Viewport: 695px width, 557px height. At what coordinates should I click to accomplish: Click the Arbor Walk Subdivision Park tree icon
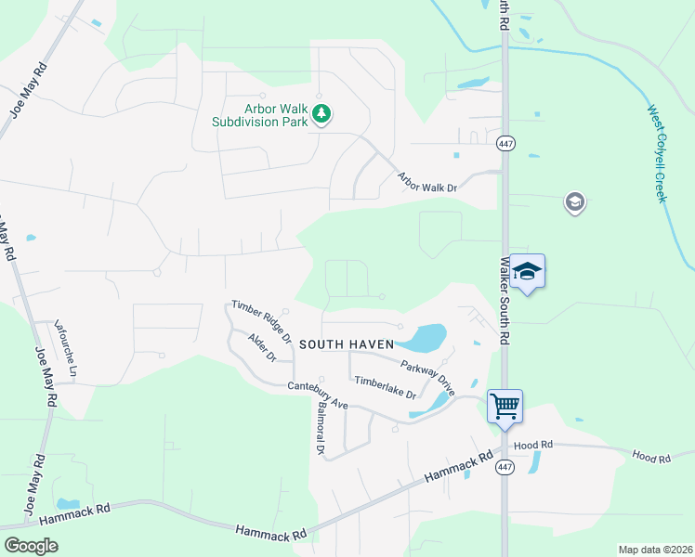(x=321, y=114)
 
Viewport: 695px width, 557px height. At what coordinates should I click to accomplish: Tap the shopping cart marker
(x=505, y=406)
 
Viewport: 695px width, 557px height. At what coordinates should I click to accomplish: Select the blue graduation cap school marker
(x=527, y=271)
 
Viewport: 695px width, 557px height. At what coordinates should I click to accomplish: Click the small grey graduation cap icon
(x=574, y=201)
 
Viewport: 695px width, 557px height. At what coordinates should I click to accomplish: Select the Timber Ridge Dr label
(x=262, y=319)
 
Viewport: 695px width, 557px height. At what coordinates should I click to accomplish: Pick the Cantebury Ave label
(x=317, y=395)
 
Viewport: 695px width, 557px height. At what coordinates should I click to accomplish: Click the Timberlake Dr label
(x=384, y=387)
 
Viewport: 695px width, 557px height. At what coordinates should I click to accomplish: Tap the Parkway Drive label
(x=427, y=378)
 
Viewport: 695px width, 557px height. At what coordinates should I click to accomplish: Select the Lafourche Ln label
(x=65, y=347)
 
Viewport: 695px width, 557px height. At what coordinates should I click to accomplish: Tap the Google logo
(x=31, y=546)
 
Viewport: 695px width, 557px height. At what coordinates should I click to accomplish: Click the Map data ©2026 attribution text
(x=654, y=550)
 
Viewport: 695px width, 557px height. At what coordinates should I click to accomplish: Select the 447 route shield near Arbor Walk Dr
(x=505, y=144)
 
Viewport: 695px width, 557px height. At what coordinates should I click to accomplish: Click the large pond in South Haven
(x=425, y=337)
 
